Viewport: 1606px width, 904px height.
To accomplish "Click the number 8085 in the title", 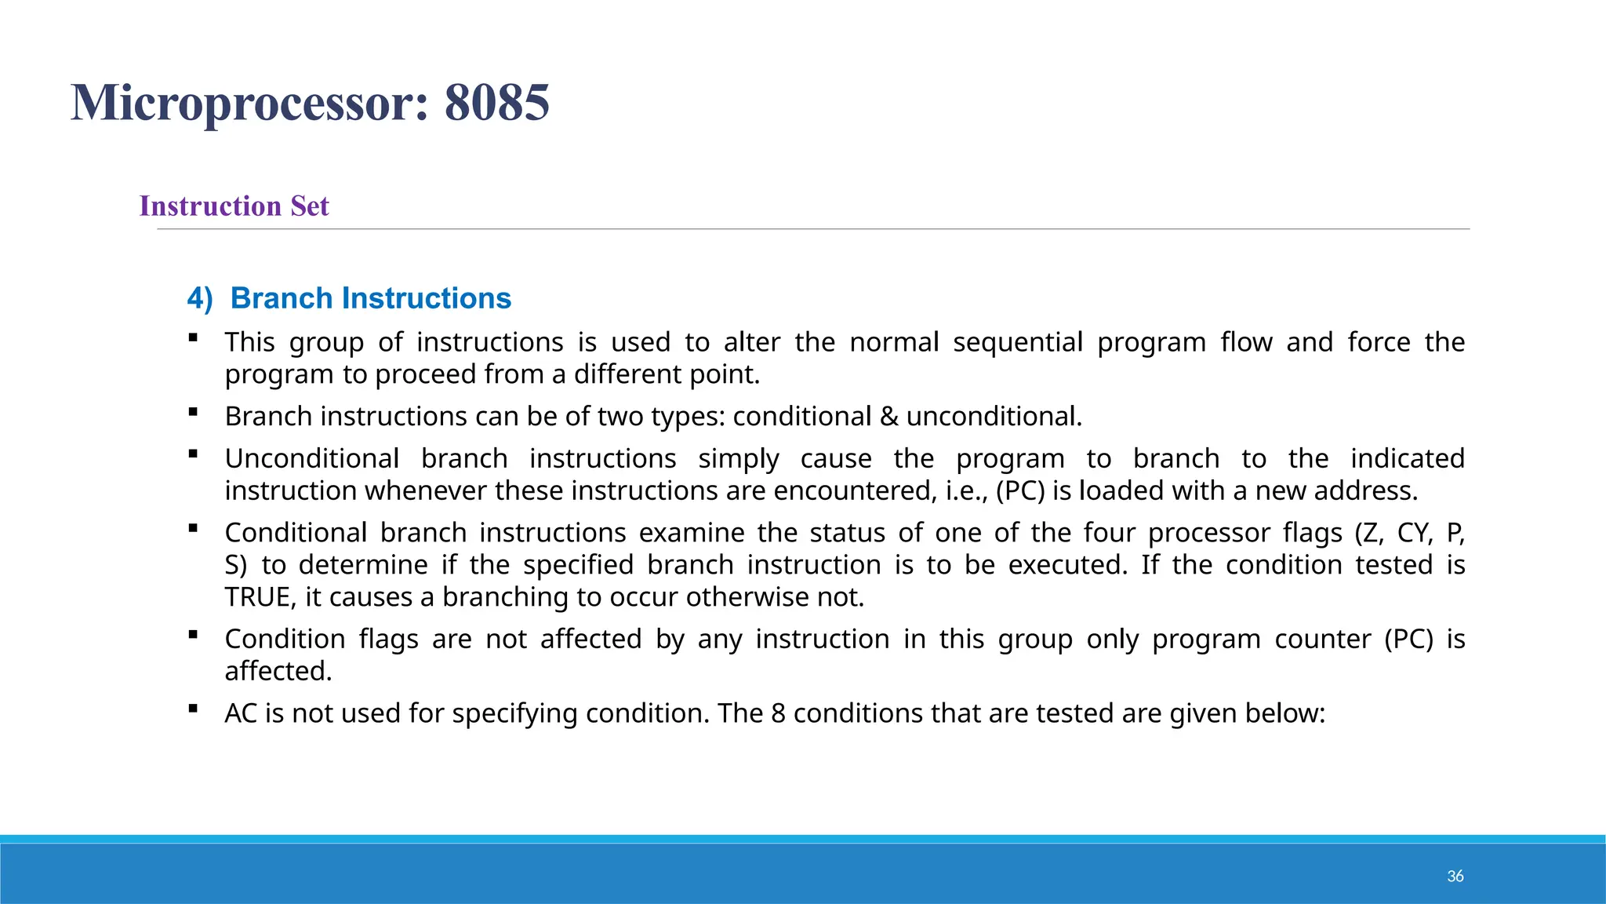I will [x=496, y=103].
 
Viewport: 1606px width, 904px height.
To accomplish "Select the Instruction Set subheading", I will [x=234, y=206].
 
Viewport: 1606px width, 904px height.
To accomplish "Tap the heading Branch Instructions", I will [x=370, y=298].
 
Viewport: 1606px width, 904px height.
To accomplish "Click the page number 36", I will [x=1455, y=877].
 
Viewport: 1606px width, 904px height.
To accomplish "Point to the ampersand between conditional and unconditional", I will [x=888, y=416].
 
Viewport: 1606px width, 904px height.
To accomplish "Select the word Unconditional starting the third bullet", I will [x=311, y=458].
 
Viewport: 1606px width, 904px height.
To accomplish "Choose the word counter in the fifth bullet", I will [x=1322, y=639].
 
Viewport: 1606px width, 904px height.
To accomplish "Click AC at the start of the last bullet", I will [x=241, y=713].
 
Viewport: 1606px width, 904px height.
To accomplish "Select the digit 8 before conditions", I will [x=778, y=713].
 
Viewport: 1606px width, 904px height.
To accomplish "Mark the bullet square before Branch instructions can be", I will [x=193, y=411].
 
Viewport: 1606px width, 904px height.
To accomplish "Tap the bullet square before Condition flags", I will [x=193, y=634].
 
